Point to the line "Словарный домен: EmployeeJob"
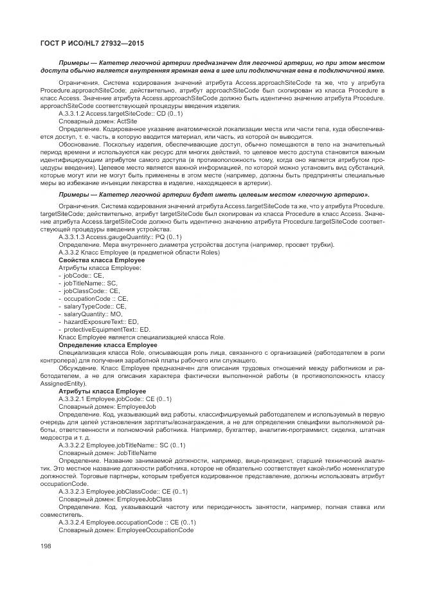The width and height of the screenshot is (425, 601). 107,406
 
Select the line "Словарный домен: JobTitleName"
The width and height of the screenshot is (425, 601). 107,453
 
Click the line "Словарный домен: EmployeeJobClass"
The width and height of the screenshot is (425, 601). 115,499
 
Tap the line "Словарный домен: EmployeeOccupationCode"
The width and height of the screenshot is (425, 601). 126,530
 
